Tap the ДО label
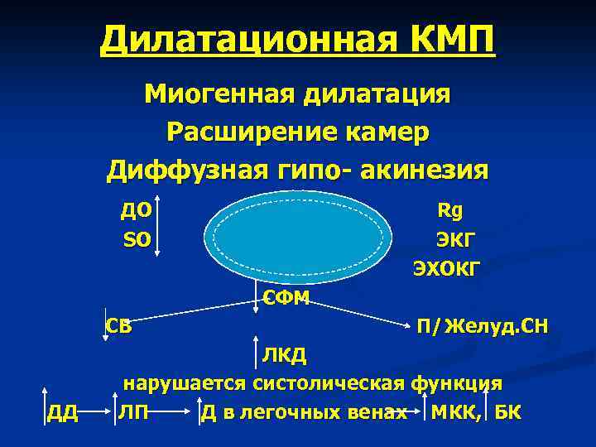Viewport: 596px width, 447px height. tap(135, 210)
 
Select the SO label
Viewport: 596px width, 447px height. tap(136, 240)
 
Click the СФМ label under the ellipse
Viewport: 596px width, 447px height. tap(286, 298)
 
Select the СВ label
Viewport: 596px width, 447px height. tap(118, 324)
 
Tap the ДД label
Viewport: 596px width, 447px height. tap(62, 413)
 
